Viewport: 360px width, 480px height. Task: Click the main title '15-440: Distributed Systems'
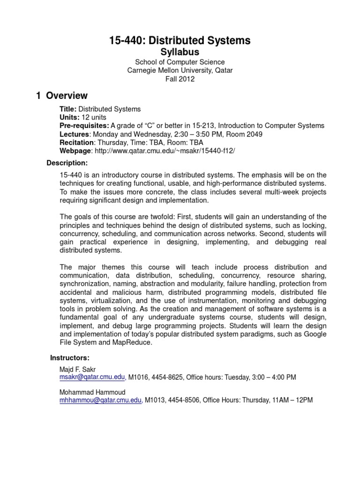[180, 41]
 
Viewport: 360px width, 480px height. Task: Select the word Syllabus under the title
[180, 52]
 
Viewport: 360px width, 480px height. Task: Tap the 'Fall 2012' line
[180, 79]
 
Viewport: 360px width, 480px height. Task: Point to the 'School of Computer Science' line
[180, 62]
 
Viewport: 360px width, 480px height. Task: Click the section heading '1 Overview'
[62, 96]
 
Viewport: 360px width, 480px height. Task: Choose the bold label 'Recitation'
[77, 142]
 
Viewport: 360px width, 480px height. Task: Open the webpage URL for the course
[165, 151]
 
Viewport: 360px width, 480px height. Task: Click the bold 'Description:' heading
[67, 163]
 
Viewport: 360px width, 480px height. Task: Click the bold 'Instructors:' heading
[70, 358]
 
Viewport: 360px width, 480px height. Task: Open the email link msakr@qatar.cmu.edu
[92, 377]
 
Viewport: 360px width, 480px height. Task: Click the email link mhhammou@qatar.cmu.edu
[100, 400]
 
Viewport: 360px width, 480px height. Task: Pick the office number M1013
[155, 400]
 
